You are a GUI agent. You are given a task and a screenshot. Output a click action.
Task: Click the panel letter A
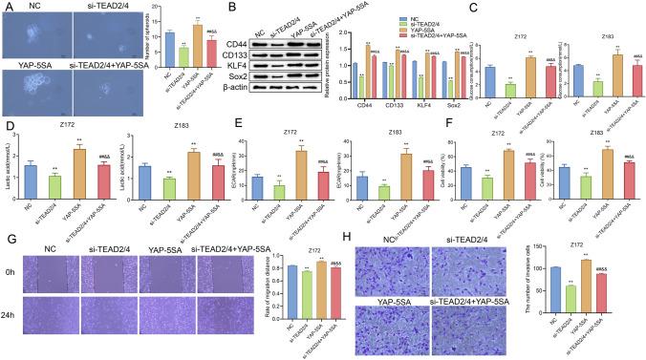(x=6, y=7)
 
